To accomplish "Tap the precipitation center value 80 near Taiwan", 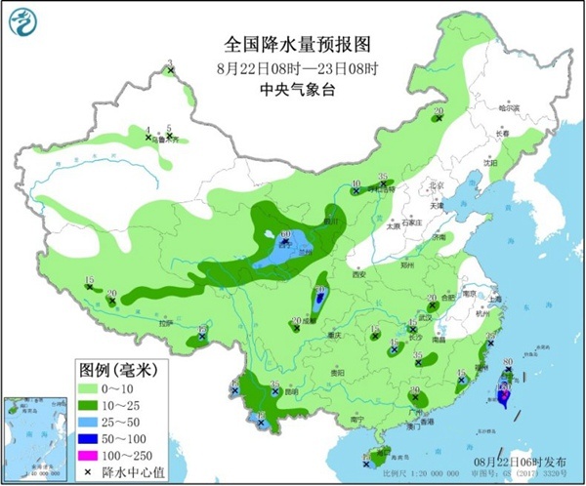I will [507, 364].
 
